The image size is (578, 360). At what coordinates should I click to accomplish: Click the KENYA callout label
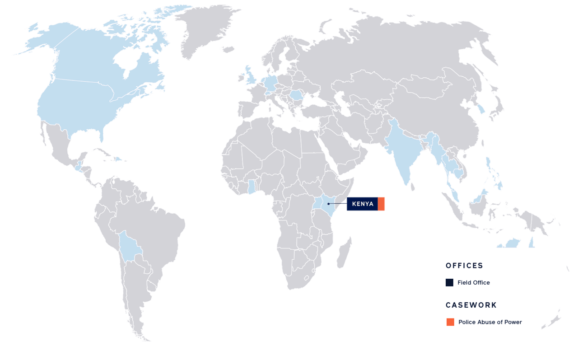click(x=363, y=204)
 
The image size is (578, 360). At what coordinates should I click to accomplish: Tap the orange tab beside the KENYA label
click(x=382, y=204)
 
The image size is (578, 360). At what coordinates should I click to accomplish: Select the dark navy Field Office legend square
click(x=449, y=283)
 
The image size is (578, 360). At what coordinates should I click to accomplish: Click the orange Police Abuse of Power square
click(x=450, y=322)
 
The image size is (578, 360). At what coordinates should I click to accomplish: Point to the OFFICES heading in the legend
click(x=464, y=266)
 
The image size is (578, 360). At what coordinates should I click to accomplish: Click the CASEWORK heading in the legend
click(x=471, y=305)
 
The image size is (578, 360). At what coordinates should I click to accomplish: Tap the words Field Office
click(x=473, y=283)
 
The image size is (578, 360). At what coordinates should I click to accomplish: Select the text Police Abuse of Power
click(x=490, y=322)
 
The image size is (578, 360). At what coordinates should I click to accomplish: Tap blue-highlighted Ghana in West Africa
click(x=251, y=187)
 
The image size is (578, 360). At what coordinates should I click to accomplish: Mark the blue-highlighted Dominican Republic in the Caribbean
click(x=118, y=159)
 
